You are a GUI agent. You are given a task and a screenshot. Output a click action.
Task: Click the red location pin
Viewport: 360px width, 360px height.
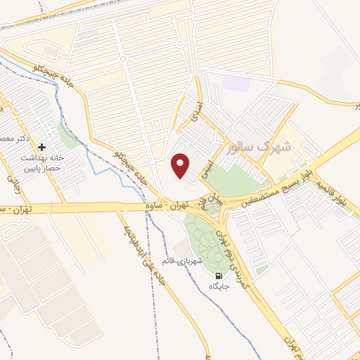click(181, 165)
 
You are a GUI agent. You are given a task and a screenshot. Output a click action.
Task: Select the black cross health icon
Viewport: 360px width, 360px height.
click(43, 148)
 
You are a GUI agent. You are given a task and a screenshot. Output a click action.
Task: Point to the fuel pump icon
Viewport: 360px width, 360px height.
click(219, 276)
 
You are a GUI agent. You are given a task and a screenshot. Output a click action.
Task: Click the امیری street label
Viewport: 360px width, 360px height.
click(205, 166)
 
